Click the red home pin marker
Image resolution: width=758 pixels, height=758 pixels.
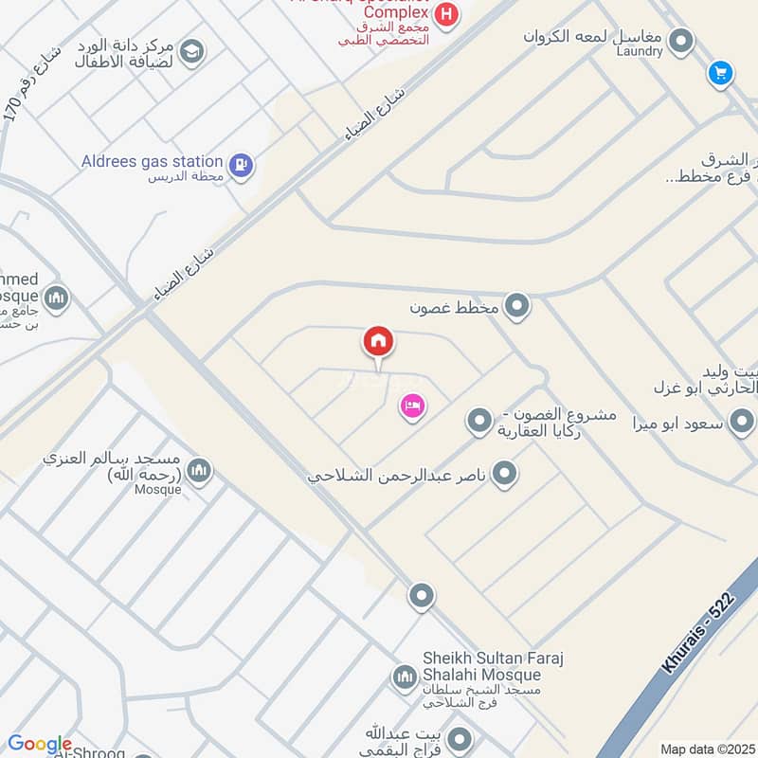tap(378, 341)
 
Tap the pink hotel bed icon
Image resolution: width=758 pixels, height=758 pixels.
tap(412, 406)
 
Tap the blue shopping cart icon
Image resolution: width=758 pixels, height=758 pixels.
tap(720, 73)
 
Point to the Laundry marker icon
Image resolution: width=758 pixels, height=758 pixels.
tap(680, 41)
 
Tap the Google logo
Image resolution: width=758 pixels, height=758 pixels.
tap(39, 745)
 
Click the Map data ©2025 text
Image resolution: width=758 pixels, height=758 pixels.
tap(706, 749)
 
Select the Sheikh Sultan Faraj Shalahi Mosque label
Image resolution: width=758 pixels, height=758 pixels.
tap(482, 666)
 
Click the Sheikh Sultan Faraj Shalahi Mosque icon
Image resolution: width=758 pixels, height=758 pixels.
tap(405, 677)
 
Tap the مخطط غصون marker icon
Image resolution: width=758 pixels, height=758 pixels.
tap(516, 306)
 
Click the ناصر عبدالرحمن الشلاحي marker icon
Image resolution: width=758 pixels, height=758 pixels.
tap(505, 472)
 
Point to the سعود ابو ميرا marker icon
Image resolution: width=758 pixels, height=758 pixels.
tap(742, 421)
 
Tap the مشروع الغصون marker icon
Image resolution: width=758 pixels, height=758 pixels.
tap(480, 420)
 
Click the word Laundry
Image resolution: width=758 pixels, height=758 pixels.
tap(639, 51)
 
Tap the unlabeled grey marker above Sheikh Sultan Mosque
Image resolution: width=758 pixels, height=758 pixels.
tap(422, 596)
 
